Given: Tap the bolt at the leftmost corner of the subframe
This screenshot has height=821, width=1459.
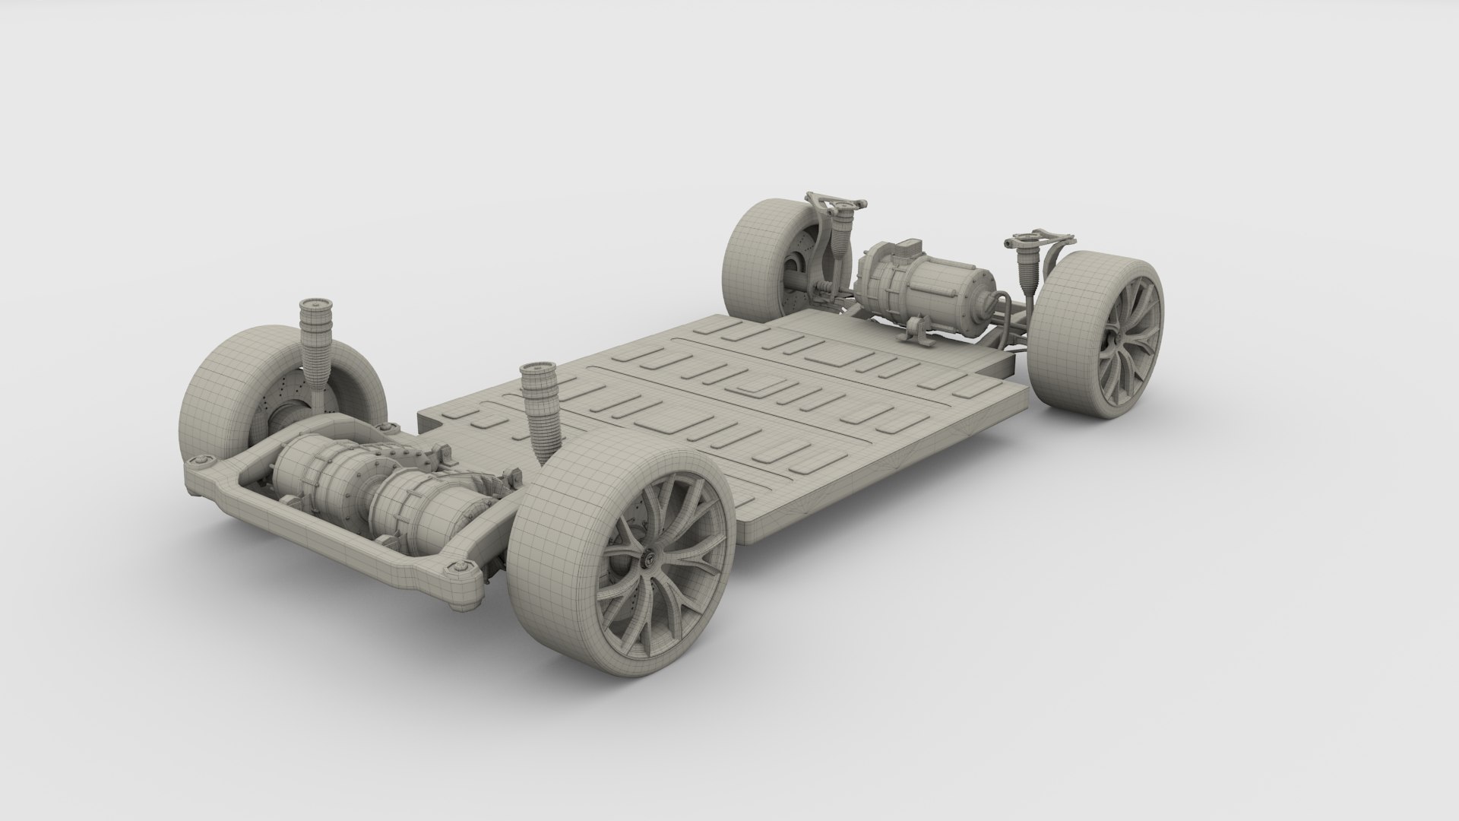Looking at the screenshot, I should click(x=201, y=462).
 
